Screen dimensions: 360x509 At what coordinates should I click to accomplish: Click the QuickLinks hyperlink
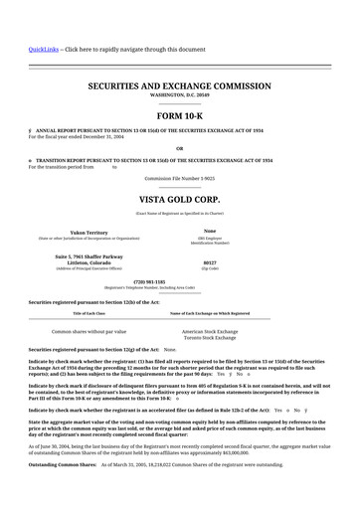coord(43,49)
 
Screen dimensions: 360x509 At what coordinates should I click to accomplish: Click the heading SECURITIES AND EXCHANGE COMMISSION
coord(179,87)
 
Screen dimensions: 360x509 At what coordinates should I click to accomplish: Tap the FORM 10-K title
coord(179,116)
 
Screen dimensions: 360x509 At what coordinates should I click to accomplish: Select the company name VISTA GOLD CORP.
coord(179,200)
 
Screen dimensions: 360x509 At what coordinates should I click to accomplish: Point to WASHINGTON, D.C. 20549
coord(179,96)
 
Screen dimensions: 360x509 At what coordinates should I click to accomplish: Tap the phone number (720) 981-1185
coord(179,281)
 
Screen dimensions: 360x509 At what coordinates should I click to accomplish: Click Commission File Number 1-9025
coord(179,177)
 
